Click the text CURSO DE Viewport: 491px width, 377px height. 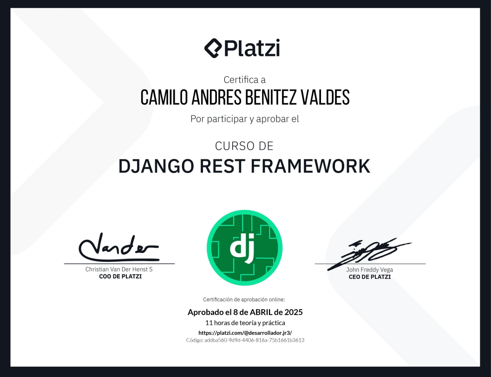(x=244, y=146)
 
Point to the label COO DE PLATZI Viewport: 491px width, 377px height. (x=120, y=277)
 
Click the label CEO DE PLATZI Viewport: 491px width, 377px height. (x=370, y=277)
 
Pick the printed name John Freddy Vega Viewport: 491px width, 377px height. (x=370, y=270)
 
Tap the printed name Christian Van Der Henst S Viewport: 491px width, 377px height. (x=119, y=269)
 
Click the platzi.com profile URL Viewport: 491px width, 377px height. (x=245, y=332)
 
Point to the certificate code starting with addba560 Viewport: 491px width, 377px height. (x=245, y=340)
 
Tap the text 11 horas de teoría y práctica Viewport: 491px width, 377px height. (x=245, y=323)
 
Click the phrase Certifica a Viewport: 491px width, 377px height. (x=244, y=79)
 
